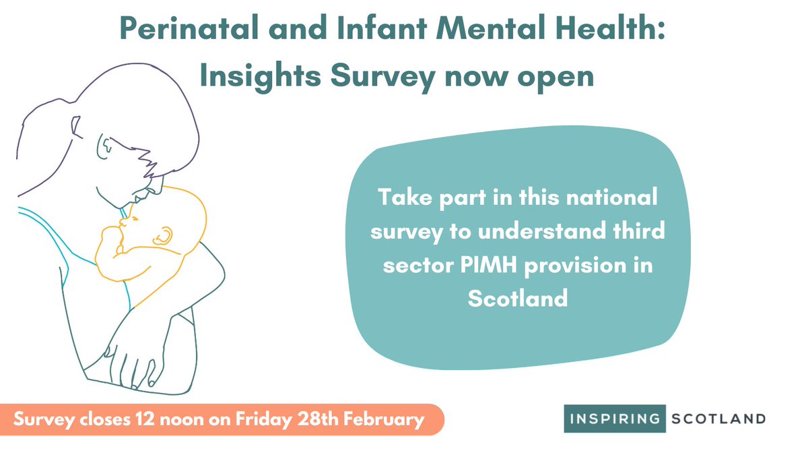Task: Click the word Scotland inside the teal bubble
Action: [x=518, y=298]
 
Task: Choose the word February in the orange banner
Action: [x=386, y=419]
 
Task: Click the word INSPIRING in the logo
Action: [x=614, y=419]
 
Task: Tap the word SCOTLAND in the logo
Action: [x=718, y=419]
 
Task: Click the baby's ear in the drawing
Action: [x=164, y=235]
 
